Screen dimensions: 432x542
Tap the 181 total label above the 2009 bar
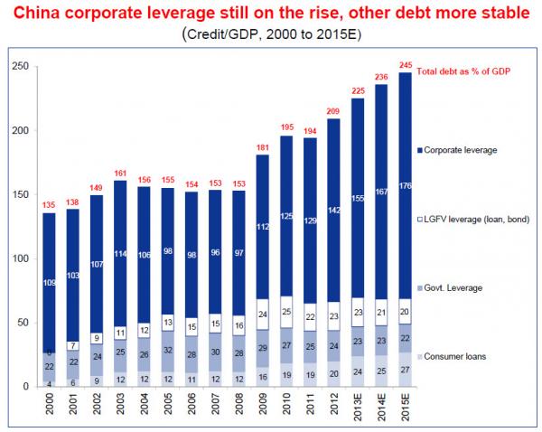click(x=261, y=146)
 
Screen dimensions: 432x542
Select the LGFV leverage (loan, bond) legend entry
click(x=478, y=220)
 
